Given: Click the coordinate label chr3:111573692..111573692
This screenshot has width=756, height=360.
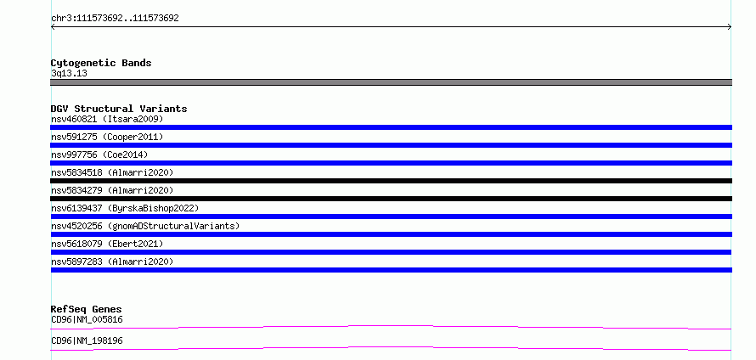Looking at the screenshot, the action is coord(115,19).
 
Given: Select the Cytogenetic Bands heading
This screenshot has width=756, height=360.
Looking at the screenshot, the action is coord(101,63).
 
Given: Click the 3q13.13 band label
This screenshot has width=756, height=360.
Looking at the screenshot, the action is coord(69,74).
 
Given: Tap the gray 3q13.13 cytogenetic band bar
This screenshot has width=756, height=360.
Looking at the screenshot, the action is coord(391,82).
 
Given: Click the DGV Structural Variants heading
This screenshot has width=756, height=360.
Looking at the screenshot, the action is coord(119,109).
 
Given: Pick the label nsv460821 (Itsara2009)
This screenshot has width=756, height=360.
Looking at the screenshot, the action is coord(107,119).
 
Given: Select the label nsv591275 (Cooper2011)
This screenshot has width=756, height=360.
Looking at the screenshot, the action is coord(107,137).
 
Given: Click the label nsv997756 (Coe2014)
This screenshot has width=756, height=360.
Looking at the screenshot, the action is coord(99,155).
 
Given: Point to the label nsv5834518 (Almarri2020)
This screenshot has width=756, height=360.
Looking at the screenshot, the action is coord(112,172).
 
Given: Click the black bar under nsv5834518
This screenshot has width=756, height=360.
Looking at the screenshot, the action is coord(391,181).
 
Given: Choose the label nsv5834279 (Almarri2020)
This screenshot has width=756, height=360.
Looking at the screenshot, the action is coord(112,190).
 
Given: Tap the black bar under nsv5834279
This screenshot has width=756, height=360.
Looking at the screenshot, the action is coord(391,199).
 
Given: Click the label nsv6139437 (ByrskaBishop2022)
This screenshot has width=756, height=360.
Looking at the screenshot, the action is coord(125,208).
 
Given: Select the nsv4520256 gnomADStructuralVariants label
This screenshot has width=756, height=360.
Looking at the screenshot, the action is coord(145,226).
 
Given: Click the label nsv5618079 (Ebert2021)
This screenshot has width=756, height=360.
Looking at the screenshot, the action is coord(107,244).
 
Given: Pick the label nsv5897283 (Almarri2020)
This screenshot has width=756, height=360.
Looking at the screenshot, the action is coord(112,262).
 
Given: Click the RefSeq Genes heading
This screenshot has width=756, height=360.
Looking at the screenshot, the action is coord(87,309).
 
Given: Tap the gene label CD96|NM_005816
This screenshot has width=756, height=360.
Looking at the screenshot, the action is coord(87,319).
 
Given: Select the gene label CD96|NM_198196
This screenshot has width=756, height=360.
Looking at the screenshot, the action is coord(87,340).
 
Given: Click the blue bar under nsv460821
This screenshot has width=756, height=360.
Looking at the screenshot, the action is coord(391,127).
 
